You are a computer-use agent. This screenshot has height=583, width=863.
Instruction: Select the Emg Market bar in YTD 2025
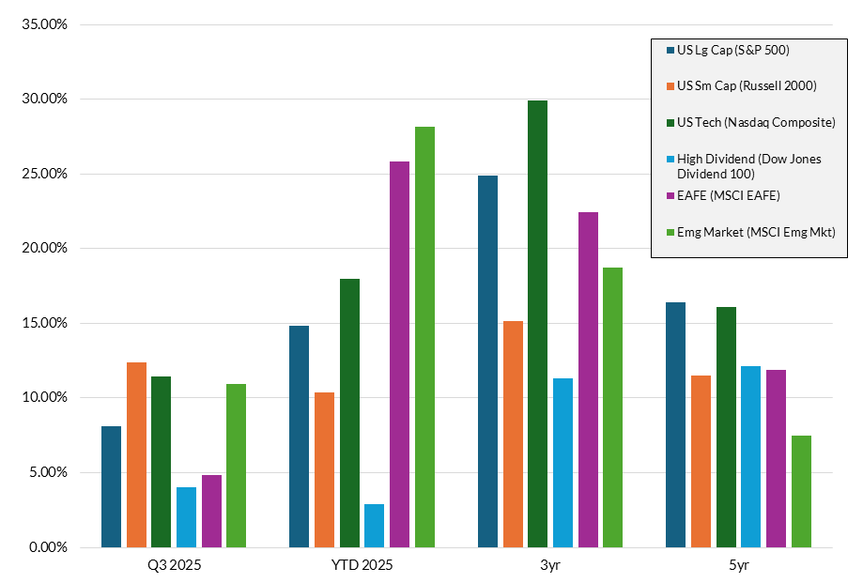point(424,337)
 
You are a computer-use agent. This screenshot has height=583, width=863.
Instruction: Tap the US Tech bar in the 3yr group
point(537,324)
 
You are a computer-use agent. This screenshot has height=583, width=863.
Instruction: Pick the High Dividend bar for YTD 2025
point(374,526)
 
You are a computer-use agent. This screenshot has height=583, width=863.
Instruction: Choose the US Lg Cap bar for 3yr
point(487,361)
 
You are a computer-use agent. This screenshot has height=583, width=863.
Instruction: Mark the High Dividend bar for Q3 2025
point(186,517)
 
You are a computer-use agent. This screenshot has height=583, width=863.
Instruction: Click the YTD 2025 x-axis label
point(362,566)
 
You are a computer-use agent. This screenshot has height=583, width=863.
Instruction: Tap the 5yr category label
point(738,566)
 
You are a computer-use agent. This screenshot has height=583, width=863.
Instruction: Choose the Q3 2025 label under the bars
point(174,566)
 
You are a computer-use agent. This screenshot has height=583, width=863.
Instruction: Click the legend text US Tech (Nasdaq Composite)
point(756,123)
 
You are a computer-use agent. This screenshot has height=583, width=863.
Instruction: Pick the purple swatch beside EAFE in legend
point(670,195)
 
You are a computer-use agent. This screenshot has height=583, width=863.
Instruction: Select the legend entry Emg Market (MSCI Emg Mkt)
point(756,232)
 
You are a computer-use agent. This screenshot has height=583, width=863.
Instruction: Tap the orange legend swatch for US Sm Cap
point(670,86)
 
